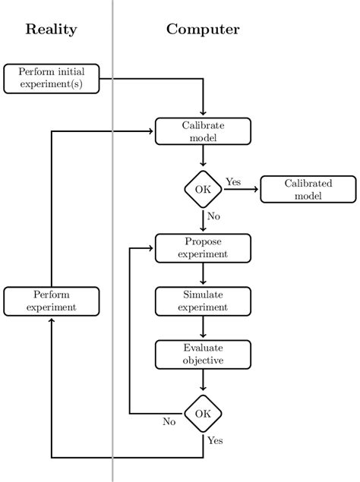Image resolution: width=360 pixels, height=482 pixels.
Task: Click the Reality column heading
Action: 51,30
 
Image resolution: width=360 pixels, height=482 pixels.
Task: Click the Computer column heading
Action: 203,30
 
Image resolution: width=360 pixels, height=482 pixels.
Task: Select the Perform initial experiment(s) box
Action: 51,78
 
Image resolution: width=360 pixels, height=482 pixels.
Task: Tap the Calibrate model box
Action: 203,131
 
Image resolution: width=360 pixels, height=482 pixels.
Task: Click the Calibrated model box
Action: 308,189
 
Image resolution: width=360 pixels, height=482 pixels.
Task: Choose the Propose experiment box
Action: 203,247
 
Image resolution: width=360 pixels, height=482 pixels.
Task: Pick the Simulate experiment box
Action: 203,301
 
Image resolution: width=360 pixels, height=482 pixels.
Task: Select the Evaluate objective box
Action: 203,354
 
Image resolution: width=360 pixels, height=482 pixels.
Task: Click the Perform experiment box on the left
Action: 51,301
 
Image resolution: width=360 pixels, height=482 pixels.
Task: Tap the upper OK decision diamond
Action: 203,189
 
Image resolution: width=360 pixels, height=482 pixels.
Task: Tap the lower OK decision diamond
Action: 203,414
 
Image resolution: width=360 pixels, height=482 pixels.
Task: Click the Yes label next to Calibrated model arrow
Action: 233,181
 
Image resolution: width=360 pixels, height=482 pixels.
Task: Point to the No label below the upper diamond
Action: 213,216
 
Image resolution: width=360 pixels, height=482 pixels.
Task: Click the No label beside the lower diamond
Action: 169,422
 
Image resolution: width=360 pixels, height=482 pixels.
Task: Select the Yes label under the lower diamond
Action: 216,440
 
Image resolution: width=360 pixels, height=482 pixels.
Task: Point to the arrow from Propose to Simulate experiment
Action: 203,274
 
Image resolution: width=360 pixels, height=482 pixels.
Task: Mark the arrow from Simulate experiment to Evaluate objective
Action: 203,327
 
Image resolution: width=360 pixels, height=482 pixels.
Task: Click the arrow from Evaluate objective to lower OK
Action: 203,381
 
